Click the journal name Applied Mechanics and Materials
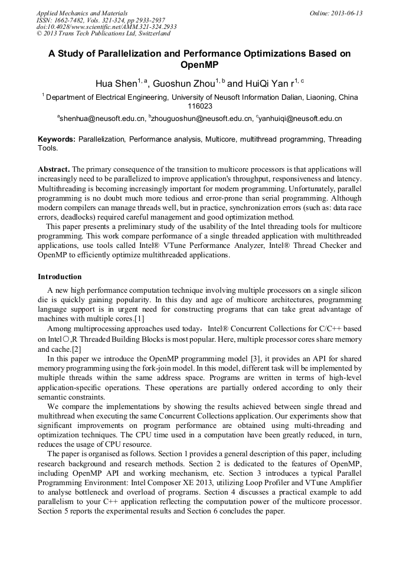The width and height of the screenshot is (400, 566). click(x=82, y=13)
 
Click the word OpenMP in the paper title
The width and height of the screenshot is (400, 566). click(x=199, y=66)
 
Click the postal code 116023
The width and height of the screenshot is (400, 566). click(x=199, y=107)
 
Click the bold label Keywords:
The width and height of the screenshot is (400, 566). click(x=57, y=139)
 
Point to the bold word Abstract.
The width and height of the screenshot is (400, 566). click(x=54, y=168)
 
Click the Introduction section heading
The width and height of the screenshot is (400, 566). click(x=60, y=277)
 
